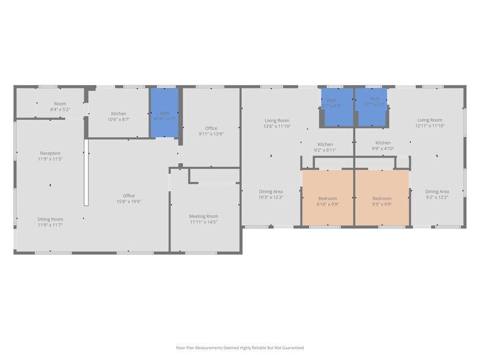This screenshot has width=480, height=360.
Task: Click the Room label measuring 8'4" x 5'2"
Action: pyautogui.click(x=60, y=107)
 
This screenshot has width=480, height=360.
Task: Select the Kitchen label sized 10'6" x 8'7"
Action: pyautogui.click(x=119, y=116)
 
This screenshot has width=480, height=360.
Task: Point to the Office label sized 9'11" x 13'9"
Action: pyautogui.click(x=211, y=130)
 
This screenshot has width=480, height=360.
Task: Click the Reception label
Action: pyautogui.click(x=50, y=156)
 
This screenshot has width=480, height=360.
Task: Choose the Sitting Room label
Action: pyautogui.click(x=50, y=222)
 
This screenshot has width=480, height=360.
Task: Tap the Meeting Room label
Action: pyautogui.click(x=203, y=219)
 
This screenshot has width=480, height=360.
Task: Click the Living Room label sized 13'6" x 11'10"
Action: pyautogui.click(x=277, y=123)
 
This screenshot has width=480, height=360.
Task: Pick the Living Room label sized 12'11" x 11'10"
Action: pyautogui.click(x=430, y=122)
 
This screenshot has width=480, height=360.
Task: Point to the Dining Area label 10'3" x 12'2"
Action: pyautogui.click(x=271, y=194)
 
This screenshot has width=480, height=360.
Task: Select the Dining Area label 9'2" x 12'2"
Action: pyautogui.click(x=437, y=194)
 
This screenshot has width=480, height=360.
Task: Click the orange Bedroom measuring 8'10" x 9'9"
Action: pyautogui.click(x=328, y=201)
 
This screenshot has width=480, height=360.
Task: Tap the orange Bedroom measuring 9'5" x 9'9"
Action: pyautogui.click(x=382, y=201)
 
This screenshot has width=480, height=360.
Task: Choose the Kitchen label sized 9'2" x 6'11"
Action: pyautogui.click(x=324, y=147)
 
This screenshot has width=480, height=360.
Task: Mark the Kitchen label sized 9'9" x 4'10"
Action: pyautogui.click(x=383, y=145)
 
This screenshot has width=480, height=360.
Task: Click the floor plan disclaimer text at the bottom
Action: pyautogui.click(x=240, y=348)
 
